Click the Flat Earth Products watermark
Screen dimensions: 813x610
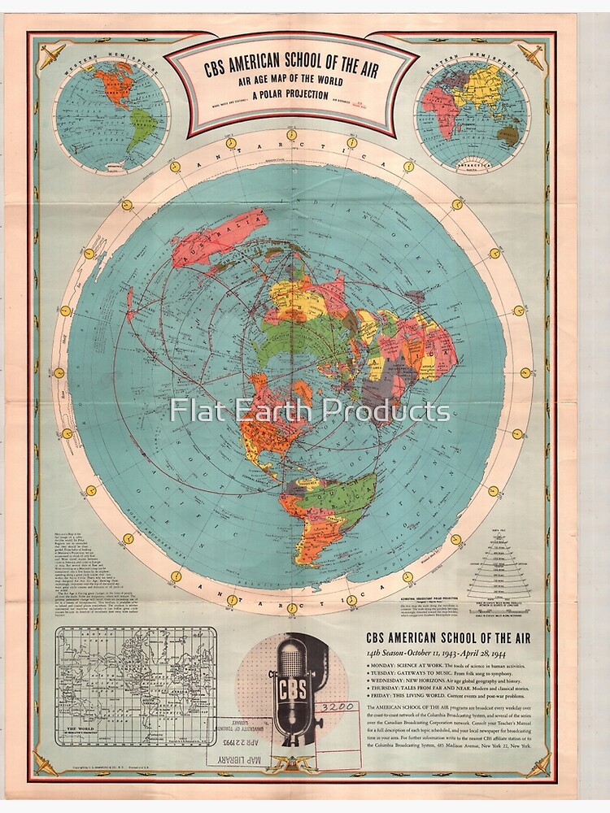[x=310, y=410]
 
